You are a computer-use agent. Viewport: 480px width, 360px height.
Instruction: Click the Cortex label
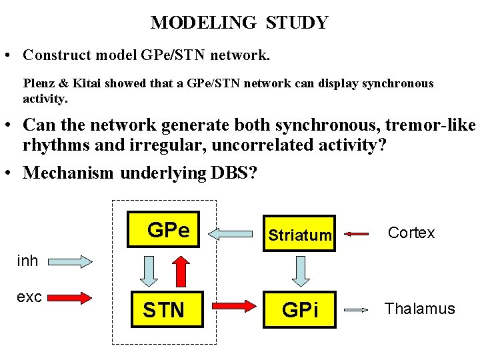411,233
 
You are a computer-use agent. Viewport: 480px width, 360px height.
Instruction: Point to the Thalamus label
419,309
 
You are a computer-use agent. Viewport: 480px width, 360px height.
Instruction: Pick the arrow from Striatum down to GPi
299,271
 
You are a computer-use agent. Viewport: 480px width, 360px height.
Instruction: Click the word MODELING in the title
203,23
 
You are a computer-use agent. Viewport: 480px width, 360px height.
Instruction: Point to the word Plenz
39,84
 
